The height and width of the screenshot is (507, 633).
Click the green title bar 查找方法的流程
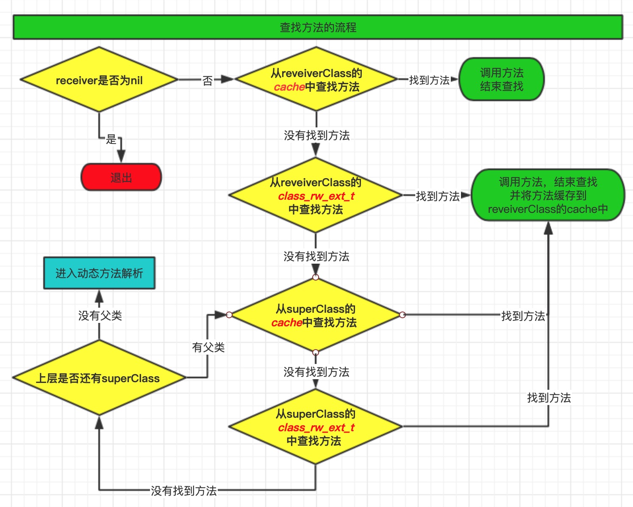pyautogui.click(x=318, y=28)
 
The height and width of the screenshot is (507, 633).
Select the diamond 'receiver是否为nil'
pyautogui.click(x=99, y=80)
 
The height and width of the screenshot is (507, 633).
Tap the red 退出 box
pyautogui.click(x=121, y=177)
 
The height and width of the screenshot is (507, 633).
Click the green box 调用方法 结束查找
pyautogui.click(x=502, y=80)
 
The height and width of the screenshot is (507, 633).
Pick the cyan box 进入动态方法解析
pyautogui.click(x=99, y=273)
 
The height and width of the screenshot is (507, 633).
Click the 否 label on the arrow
pyautogui.click(x=208, y=80)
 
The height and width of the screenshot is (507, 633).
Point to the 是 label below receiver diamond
pyautogui.click(x=111, y=139)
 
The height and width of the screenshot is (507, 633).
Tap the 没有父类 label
pyautogui.click(x=100, y=315)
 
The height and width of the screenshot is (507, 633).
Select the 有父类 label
pyautogui.click(x=208, y=347)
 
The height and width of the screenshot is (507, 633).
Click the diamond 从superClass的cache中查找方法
pyautogui.click(x=316, y=315)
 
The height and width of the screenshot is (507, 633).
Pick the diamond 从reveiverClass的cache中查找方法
pyautogui.click(x=316, y=80)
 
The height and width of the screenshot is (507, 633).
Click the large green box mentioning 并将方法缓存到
pyautogui.click(x=548, y=195)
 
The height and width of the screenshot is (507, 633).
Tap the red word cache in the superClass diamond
pyautogui.click(x=286, y=323)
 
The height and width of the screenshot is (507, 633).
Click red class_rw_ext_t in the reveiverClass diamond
pyautogui.click(x=316, y=196)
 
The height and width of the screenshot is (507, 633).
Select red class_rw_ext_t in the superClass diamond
pyautogui.click(x=316, y=427)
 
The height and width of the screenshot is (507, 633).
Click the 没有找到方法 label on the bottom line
pyautogui.click(x=184, y=490)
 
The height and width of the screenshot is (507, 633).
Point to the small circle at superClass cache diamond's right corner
pyautogui.click(x=403, y=315)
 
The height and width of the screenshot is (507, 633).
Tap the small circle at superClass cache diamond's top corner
pyautogui.click(x=316, y=277)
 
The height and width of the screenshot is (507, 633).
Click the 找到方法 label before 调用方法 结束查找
pyautogui.click(x=429, y=80)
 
